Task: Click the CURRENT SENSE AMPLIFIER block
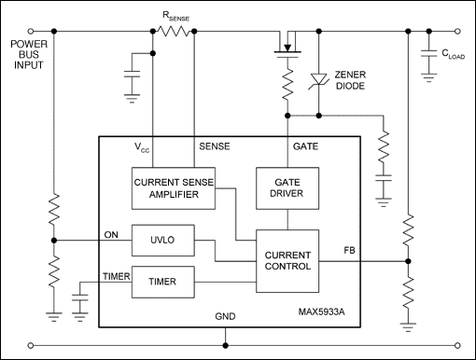coord(174,188)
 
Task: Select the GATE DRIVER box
coord(287,188)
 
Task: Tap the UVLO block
coord(163,241)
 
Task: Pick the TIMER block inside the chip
coord(163,282)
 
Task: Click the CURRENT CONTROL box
coord(287,261)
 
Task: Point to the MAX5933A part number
coord(322,312)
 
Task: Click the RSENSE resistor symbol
coord(174,31)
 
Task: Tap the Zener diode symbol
coord(318,80)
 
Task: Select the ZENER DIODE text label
coord(350,80)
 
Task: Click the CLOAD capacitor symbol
coord(428,53)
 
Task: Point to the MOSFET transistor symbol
coord(287,44)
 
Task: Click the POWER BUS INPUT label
coord(29,54)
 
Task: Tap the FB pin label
coord(349,250)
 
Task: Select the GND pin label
coord(225,316)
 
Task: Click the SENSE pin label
coord(215,146)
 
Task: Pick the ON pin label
coord(111,235)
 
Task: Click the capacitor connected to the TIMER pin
coord(80,298)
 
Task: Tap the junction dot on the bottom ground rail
coord(225,345)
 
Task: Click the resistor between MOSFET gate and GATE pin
coord(287,84)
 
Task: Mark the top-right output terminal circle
coord(457,31)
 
